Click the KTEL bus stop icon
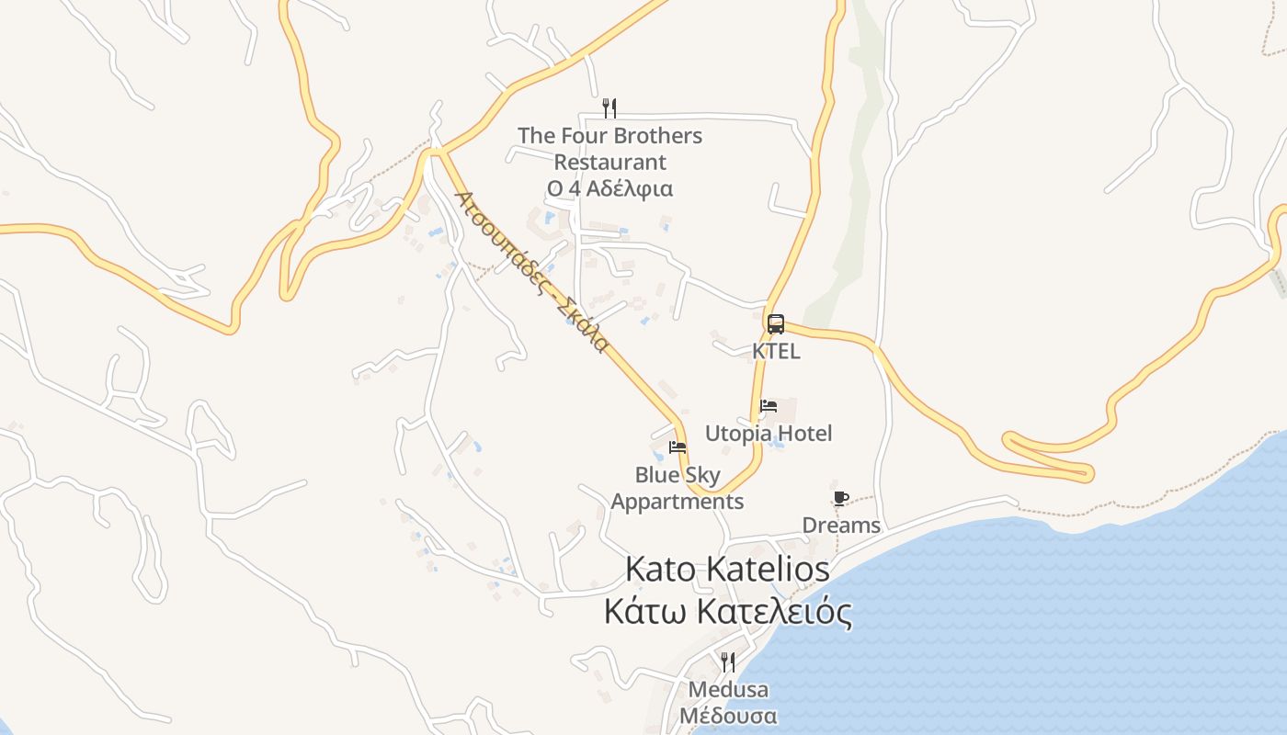(x=776, y=323)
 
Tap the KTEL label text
(x=776, y=351)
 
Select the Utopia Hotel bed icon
(x=769, y=405)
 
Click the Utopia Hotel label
(x=768, y=433)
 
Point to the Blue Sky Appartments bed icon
(x=678, y=447)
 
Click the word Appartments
(x=678, y=502)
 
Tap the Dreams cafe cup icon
(x=840, y=498)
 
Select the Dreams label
(x=841, y=526)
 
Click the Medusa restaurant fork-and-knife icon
(x=727, y=661)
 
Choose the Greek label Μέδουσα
(x=728, y=716)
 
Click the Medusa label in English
(x=728, y=689)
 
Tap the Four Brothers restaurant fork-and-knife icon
(x=609, y=108)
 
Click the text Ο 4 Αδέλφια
(x=609, y=189)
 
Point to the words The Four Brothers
(x=609, y=136)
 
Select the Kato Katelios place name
(x=727, y=569)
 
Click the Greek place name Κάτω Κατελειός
(x=727, y=611)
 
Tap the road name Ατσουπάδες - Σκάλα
(x=532, y=272)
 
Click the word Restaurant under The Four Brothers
(x=609, y=163)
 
